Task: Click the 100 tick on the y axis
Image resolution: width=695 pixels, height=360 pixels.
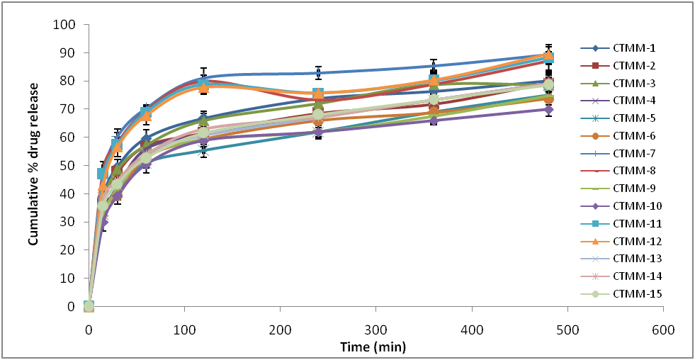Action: tap(68, 25)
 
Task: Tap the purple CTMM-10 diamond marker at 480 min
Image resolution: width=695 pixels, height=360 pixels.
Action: tap(548, 110)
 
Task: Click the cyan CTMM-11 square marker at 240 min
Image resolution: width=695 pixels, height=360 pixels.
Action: tap(318, 94)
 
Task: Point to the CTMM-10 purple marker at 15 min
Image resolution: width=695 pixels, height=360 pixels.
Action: tap(103, 222)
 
